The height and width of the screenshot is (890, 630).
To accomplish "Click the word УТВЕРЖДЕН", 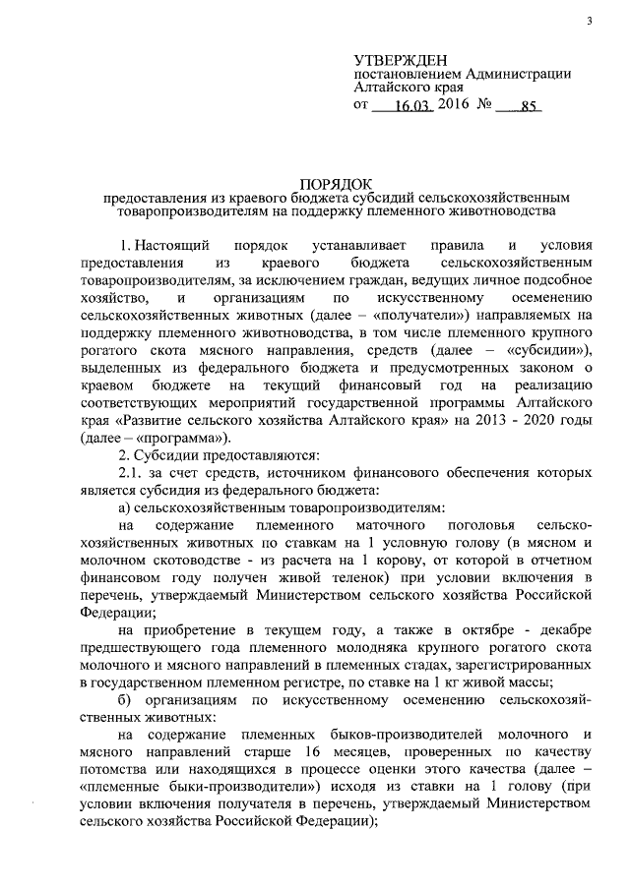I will [405, 59].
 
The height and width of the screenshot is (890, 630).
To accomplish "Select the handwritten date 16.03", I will [408, 109].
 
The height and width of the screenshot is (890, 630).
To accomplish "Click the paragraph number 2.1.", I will [131, 473].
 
